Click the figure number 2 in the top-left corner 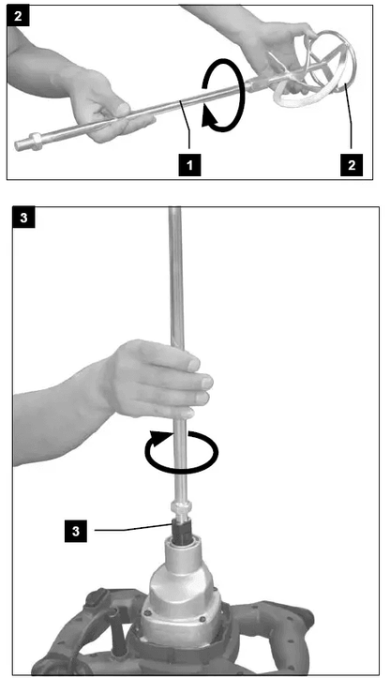(18, 17)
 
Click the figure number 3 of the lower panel (23, 218)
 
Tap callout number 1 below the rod (189, 165)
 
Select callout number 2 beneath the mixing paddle (351, 165)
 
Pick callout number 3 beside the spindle (76, 531)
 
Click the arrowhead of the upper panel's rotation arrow (211, 117)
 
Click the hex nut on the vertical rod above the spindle (181, 505)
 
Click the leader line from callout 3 (133, 528)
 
